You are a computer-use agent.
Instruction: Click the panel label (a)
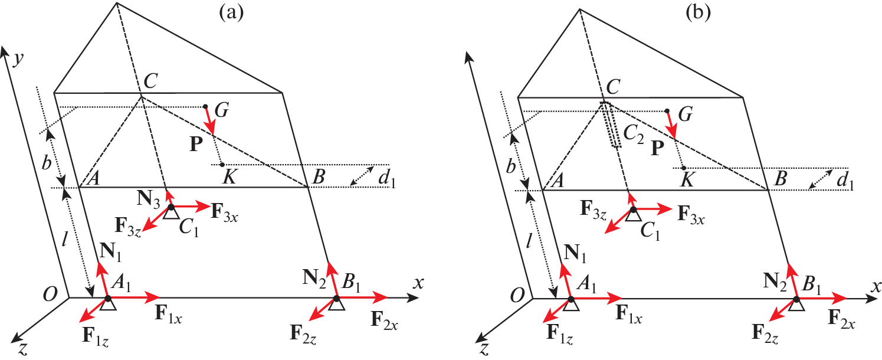[x=231, y=12]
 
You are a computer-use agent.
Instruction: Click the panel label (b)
[x=698, y=12]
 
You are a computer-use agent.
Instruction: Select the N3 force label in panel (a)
[x=149, y=198]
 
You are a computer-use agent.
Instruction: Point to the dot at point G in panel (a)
[x=205, y=106]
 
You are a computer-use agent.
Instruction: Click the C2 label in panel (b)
[x=634, y=135]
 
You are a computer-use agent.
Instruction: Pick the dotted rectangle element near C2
[x=611, y=125]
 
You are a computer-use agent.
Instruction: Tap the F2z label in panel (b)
[x=765, y=333]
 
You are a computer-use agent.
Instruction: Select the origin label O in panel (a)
[x=50, y=294]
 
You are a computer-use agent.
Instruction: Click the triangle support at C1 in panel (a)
[x=171, y=213]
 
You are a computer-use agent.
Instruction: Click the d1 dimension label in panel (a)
[x=386, y=180]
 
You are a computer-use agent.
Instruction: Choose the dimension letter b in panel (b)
[x=511, y=166]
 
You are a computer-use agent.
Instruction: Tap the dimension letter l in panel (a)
[x=64, y=238]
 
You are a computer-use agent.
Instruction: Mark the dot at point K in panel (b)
[x=684, y=168]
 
